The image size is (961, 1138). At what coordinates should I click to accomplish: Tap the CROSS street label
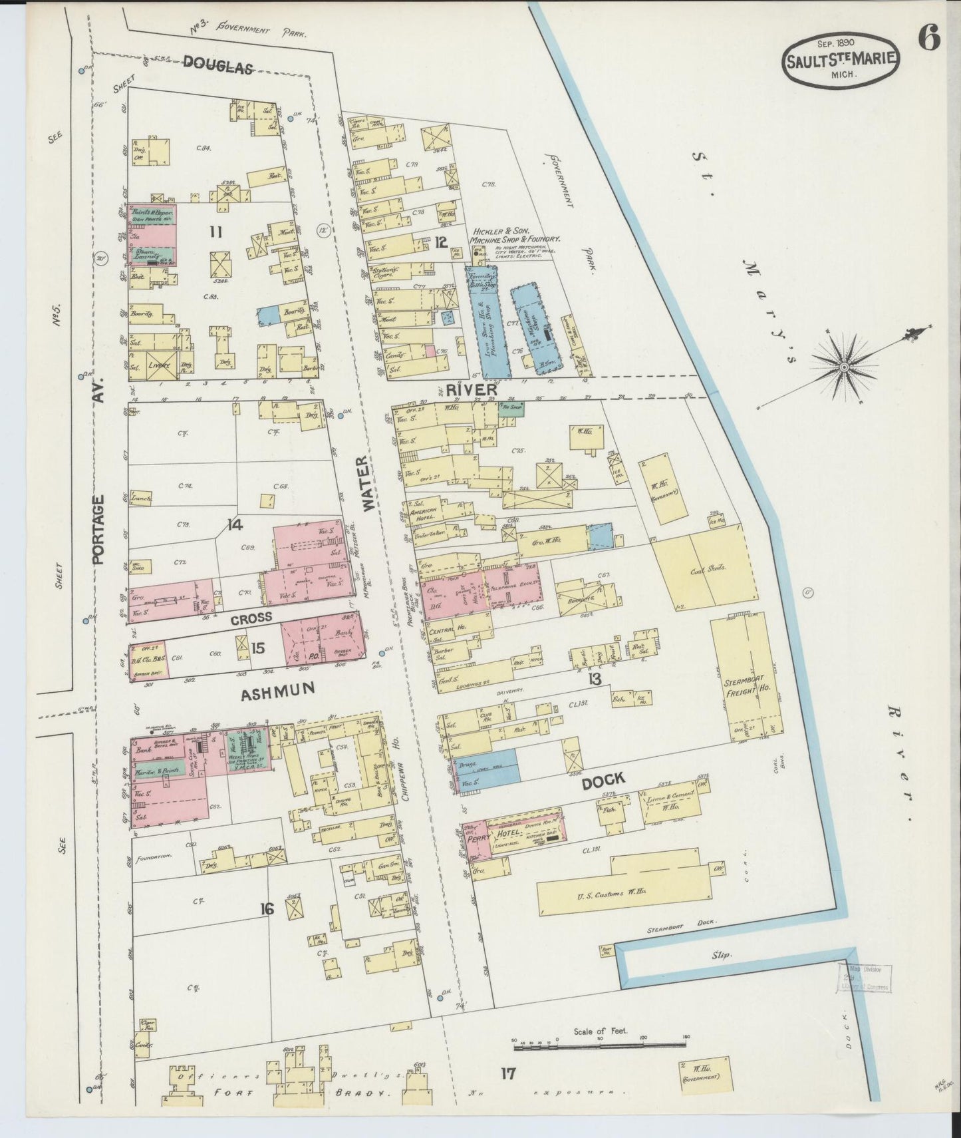click(251, 617)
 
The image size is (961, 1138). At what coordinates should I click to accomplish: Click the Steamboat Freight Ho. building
click(746, 679)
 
